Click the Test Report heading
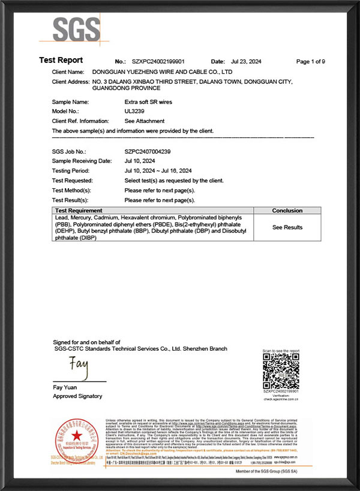click(x=61, y=61)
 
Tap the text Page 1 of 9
click(x=311, y=62)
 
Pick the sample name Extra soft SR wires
click(x=148, y=102)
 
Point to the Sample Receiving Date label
click(x=82, y=161)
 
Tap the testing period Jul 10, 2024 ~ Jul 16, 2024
click(x=158, y=171)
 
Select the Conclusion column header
click(x=287, y=211)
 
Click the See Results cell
click(x=287, y=227)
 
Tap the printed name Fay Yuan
click(x=65, y=387)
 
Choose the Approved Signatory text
click(x=77, y=396)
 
